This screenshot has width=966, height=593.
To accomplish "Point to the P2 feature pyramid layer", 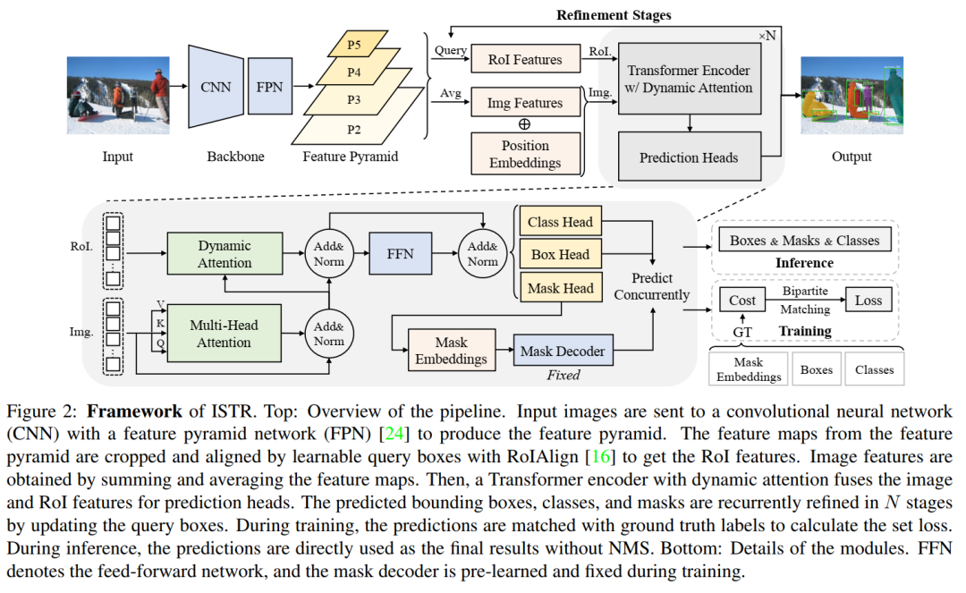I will (x=355, y=130).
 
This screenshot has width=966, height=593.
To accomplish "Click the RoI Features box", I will (x=525, y=60).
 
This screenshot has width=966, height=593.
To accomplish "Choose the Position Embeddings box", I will (x=525, y=154).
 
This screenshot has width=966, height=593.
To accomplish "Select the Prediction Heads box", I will (x=689, y=157).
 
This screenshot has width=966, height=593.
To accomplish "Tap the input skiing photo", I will (x=117, y=96).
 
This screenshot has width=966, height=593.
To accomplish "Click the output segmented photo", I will (x=851, y=96).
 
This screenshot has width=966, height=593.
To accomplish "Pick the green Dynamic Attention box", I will (x=225, y=254).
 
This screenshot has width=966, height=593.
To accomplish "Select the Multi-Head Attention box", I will (x=225, y=334).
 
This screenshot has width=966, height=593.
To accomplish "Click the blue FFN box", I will (x=400, y=254).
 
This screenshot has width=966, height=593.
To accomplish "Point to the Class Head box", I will (x=560, y=222).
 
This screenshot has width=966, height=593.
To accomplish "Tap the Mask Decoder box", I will (x=563, y=352).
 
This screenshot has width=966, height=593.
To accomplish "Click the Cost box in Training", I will (x=742, y=301).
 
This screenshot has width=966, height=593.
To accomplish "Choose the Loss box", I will (x=868, y=301).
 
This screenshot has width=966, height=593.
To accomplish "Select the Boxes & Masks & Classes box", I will (x=804, y=240).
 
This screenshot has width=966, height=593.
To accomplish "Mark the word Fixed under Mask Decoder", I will (x=563, y=375).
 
